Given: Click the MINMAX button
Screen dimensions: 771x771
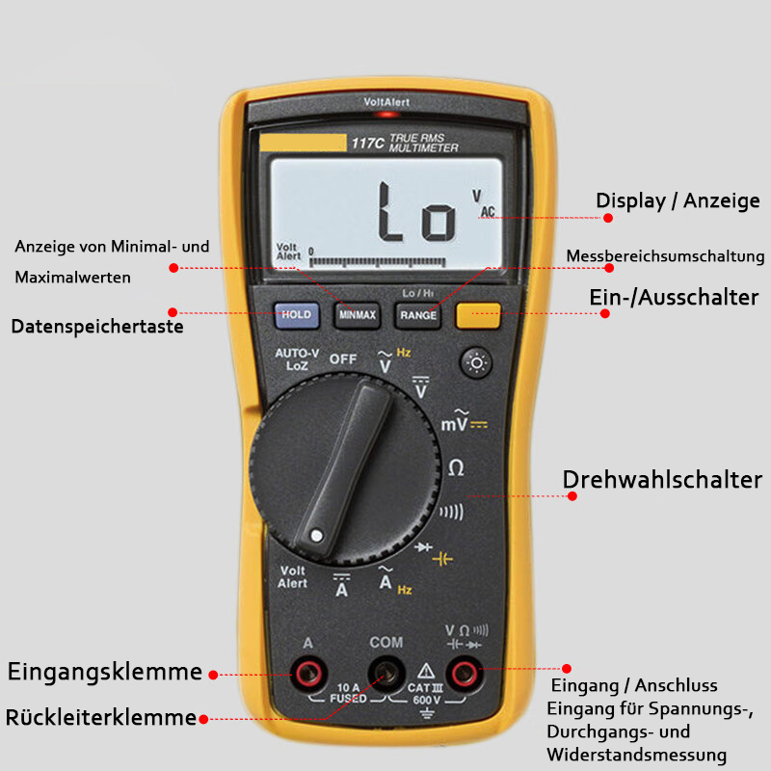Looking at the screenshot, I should [357, 314].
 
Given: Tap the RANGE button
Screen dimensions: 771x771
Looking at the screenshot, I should [418, 314].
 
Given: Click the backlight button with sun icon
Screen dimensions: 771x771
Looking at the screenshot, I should [476, 363].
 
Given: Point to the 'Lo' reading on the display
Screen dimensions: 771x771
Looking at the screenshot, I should [416, 212].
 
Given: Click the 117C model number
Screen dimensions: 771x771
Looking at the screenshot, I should [367, 144].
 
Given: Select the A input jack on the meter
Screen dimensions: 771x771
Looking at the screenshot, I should [308, 672].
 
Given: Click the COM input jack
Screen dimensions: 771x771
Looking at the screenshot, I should [386, 672].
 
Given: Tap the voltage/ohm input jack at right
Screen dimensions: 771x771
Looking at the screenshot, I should [465, 672].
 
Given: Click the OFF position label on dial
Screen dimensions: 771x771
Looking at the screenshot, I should [343, 359].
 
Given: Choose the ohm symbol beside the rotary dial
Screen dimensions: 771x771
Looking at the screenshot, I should [456, 467].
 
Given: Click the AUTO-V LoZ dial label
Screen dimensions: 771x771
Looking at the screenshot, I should [297, 359].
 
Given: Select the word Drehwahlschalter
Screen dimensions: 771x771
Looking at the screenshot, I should [662, 479].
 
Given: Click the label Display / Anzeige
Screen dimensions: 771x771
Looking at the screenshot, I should [678, 200].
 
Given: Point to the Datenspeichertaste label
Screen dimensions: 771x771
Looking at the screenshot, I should [97, 327].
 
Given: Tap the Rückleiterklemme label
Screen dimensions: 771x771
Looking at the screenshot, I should [101, 717].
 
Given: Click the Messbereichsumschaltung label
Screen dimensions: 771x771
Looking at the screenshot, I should [665, 256].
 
